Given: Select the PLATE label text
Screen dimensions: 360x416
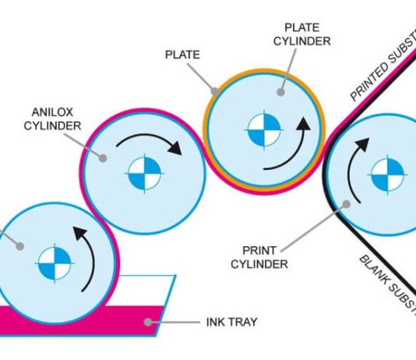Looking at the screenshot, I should tap(181, 56).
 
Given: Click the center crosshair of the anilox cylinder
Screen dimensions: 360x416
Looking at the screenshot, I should tap(144, 174).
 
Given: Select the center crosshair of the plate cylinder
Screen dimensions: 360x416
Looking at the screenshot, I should tap(263, 130).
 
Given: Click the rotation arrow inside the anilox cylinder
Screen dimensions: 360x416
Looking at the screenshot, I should tap(155, 140).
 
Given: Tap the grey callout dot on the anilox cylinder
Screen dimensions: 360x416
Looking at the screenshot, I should tap(106, 156).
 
